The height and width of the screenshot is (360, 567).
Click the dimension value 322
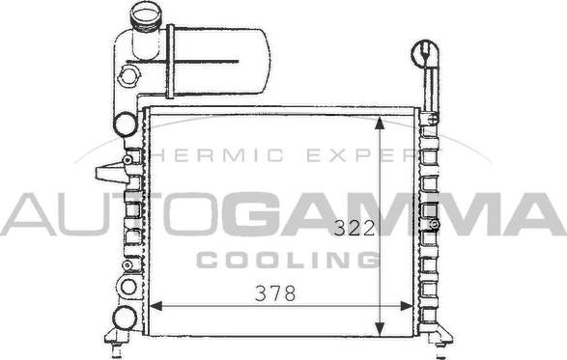point(354,229)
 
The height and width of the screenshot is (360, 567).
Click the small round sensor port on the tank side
point(128,75)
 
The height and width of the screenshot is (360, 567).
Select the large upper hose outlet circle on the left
point(125,123)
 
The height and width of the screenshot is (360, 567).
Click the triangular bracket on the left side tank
point(112,173)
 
